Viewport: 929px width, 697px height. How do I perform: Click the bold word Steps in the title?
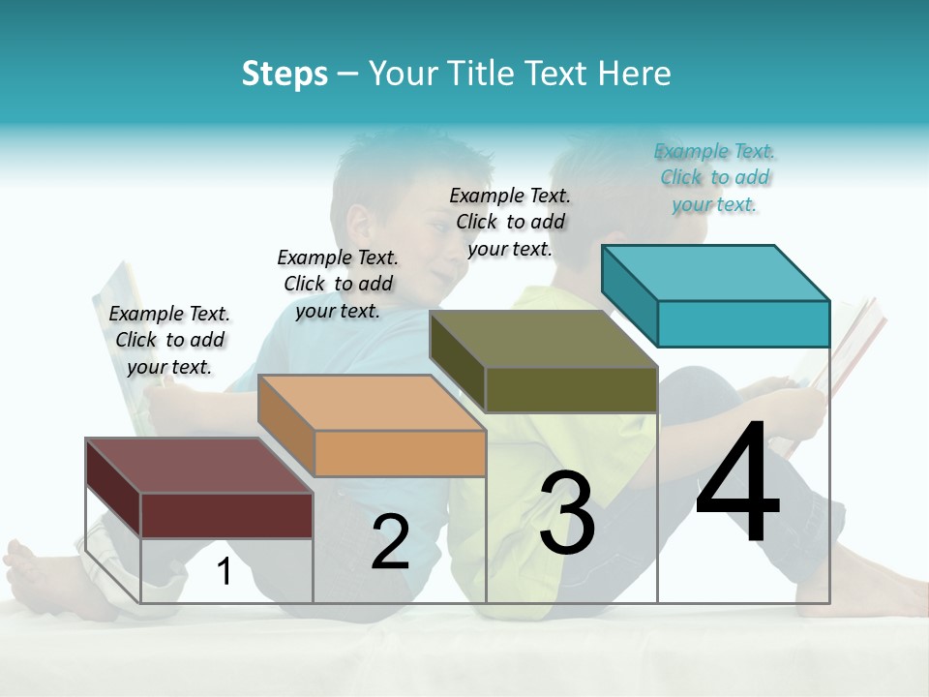pyautogui.click(x=285, y=74)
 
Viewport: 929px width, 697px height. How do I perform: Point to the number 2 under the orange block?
pyautogui.click(x=391, y=542)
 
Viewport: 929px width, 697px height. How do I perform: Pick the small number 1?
pyautogui.click(x=225, y=572)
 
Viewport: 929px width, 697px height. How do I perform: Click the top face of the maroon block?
pyautogui.click(x=198, y=465)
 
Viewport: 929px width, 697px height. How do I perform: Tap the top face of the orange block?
pyautogui.click(x=372, y=402)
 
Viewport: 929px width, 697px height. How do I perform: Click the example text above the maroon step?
pyautogui.click(x=169, y=340)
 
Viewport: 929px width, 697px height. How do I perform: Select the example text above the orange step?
pyautogui.click(x=338, y=284)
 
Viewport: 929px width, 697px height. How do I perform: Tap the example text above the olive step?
pyautogui.click(x=510, y=222)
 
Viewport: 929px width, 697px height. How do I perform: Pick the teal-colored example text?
pyautogui.click(x=715, y=177)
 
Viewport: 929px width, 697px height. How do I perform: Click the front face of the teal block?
pyautogui.click(x=743, y=323)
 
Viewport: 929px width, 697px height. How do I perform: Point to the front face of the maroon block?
pyautogui.click(x=226, y=515)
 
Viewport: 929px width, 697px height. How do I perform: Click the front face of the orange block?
pyautogui.click(x=400, y=453)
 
